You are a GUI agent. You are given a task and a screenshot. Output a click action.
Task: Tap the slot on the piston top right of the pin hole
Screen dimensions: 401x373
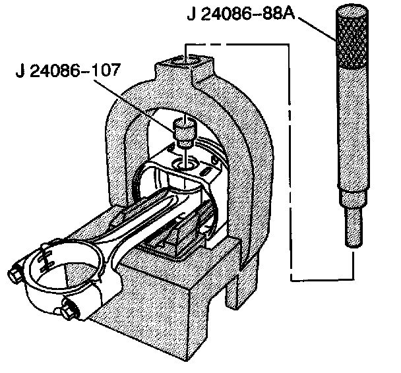[206, 170]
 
